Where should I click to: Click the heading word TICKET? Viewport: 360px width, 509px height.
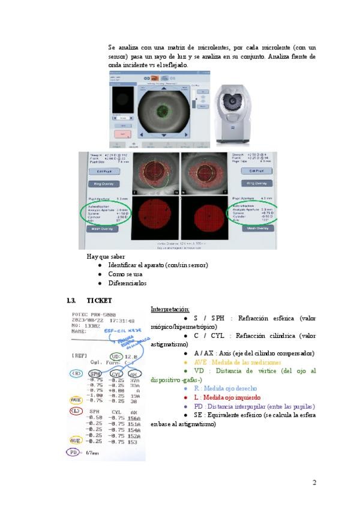pyautogui.click(x=99, y=300)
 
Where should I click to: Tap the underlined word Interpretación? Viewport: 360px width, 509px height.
pyautogui.click(x=169, y=309)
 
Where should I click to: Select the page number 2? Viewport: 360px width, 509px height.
pyautogui.click(x=314, y=483)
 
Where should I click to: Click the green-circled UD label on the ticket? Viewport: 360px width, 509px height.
pyautogui.click(x=117, y=357)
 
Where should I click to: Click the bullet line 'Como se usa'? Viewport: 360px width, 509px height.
pyautogui.click(x=124, y=274)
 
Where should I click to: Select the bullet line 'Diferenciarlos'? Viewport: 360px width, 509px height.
pyautogui.click(x=127, y=283)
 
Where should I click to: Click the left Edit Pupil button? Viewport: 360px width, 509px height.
pyautogui.click(x=105, y=171)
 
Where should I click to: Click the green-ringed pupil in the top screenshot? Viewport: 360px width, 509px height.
pyautogui.click(x=160, y=111)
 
